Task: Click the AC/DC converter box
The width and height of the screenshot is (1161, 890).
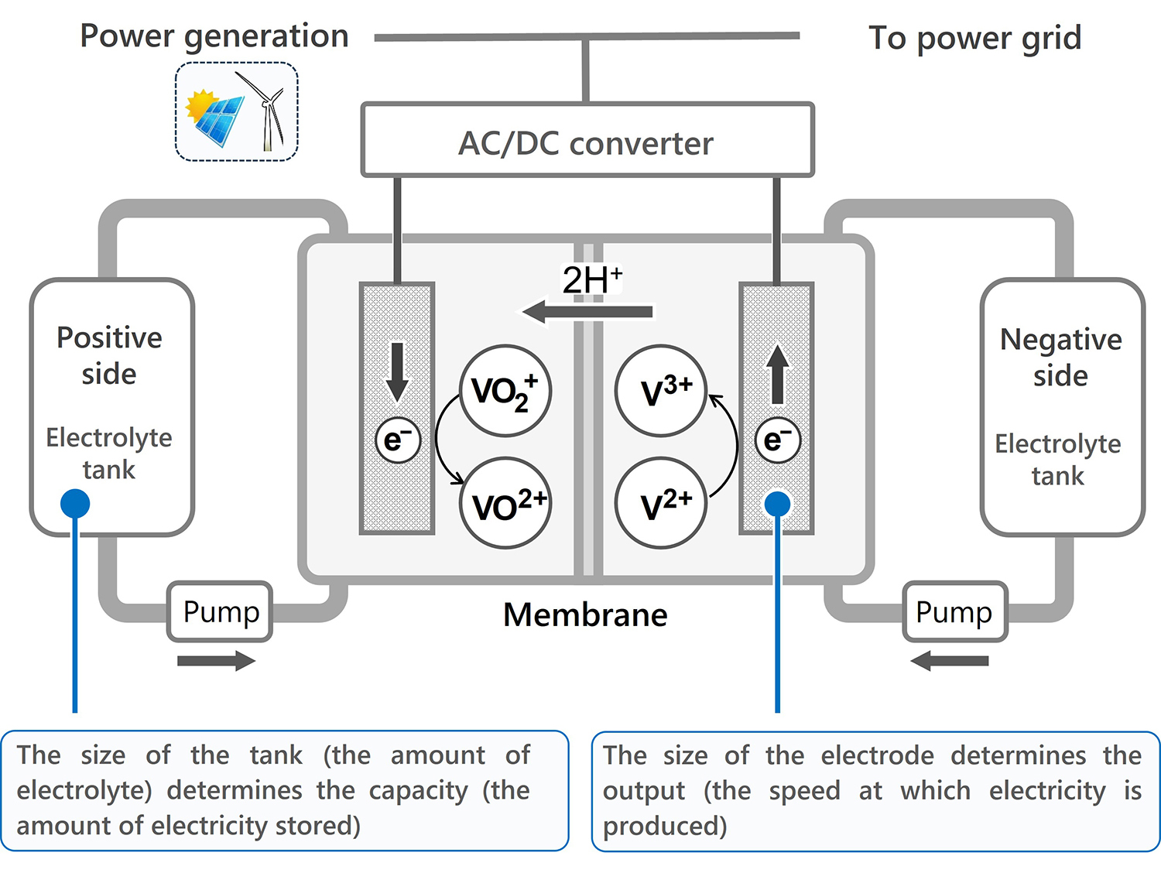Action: (x=587, y=141)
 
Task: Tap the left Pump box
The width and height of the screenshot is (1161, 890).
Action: (x=220, y=611)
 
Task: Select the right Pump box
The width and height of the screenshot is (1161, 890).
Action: (x=954, y=611)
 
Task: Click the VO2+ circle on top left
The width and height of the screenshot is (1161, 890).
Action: (x=505, y=391)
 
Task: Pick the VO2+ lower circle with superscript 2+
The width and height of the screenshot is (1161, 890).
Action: (x=506, y=504)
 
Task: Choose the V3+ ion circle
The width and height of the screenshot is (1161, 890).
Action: (x=661, y=391)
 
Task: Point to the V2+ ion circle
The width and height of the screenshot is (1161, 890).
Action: (x=661, y=504)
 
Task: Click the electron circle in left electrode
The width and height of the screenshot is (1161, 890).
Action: (x=397, y=440)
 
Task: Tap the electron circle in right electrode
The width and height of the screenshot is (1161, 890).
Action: (x=777, y=440)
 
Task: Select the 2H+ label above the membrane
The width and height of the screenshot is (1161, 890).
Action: (x=592, y=279)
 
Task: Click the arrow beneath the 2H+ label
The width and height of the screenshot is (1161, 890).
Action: (x=587, y=313)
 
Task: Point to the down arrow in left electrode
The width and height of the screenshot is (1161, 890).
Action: (x=397, y=371)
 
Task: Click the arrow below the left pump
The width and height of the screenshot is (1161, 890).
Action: (x=216, y=661)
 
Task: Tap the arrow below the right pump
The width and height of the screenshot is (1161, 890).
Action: (x=950, y=661)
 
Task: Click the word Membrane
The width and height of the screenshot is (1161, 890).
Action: (x=585, y=615)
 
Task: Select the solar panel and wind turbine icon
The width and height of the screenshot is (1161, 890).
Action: (x=237, y=112)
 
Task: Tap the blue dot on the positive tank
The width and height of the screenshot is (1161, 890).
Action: (x=75, y=504)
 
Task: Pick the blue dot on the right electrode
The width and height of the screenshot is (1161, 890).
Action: (x=777, y=504)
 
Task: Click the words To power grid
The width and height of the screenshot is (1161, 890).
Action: (x=974, y=38)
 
